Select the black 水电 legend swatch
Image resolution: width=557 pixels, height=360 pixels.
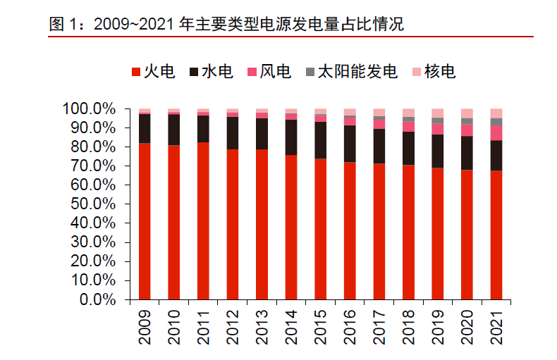click(x=194, y=72)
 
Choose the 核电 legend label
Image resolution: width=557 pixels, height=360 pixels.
click(x=441, y=72)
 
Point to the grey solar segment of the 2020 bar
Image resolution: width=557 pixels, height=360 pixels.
click(x=467, y=121)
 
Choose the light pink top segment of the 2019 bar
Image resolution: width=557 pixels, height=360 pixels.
click(x=437, y=113)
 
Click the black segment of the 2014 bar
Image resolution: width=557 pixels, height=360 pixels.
click(x=291, y=137)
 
